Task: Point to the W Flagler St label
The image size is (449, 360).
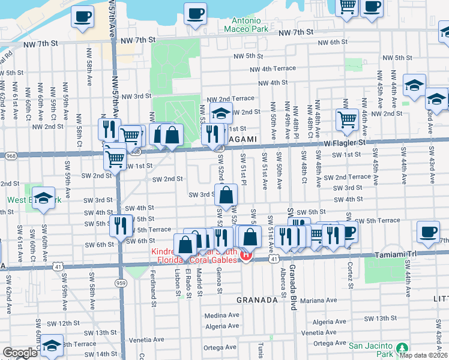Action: tap(345, 143)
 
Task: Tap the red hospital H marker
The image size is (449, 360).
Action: tap(246, 256)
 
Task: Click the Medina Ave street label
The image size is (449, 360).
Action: tap(221, 315)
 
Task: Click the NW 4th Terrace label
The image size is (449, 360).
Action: tap(273, 69)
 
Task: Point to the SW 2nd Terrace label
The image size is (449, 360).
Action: tap(348, 177)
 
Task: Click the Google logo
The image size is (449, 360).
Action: tap(20, 353)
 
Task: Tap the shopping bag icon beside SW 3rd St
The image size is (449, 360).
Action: tap(226, 194)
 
